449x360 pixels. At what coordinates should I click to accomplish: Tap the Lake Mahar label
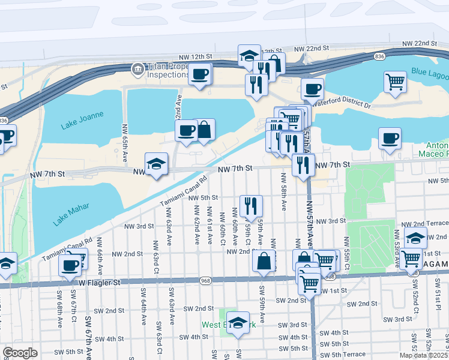coord(71,214)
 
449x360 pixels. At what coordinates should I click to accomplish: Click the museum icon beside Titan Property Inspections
coord(137,69)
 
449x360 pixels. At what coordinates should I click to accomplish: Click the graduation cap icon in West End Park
coord(238,322)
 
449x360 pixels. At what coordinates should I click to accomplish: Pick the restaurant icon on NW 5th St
coord(251,205)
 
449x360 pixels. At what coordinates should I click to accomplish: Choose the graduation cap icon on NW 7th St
coord(156,163)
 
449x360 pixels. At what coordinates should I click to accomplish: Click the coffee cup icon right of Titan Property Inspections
coord(200,74)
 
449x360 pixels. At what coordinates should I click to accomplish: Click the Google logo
coord(20,352)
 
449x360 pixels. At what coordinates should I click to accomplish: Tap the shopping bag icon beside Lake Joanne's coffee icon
coord(204,130)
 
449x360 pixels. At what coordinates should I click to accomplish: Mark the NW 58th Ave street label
coord(283,197)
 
